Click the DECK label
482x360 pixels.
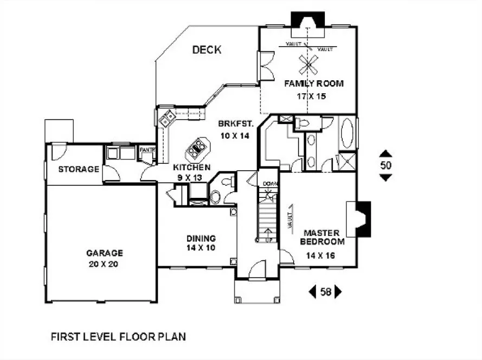(207, 50)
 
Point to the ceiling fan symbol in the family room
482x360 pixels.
(307, 64)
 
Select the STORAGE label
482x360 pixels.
(79, 169)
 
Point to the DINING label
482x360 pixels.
(201, 238)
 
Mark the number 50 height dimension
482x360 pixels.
(385, 165)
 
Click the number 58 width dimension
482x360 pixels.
(325, 292)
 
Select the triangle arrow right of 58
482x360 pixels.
(338, 292)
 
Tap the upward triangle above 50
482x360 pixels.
(385, 153)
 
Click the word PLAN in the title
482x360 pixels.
(171, 337)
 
